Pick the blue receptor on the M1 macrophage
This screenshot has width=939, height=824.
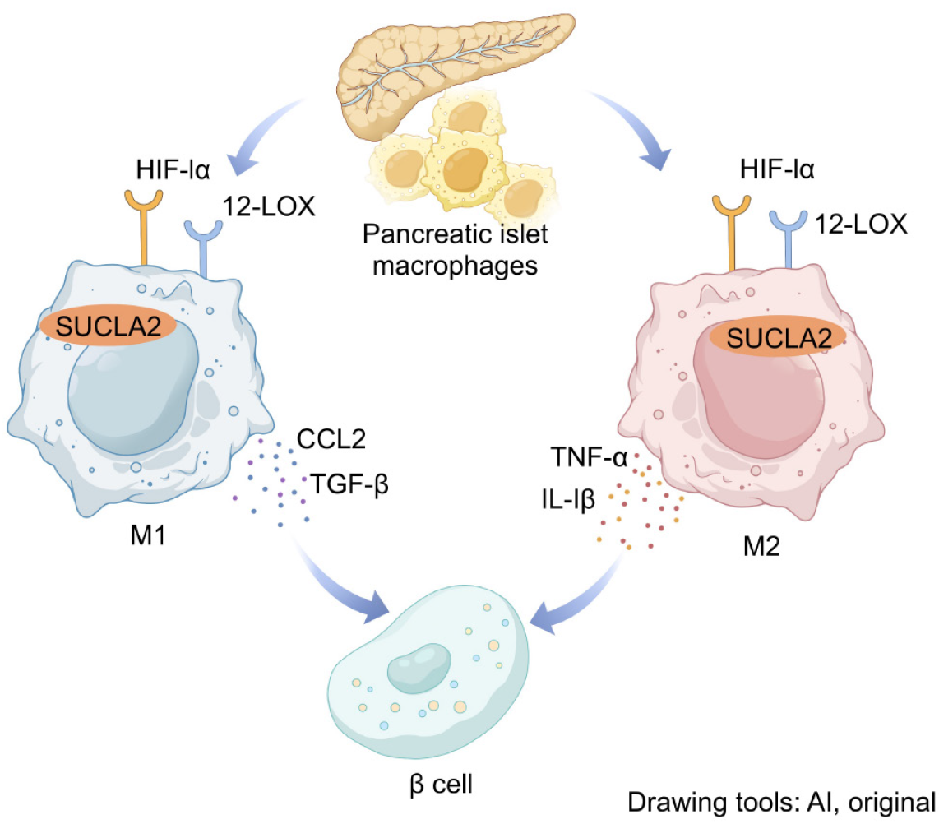tap(202, 243)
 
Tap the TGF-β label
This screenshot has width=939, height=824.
tap(349, 485)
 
